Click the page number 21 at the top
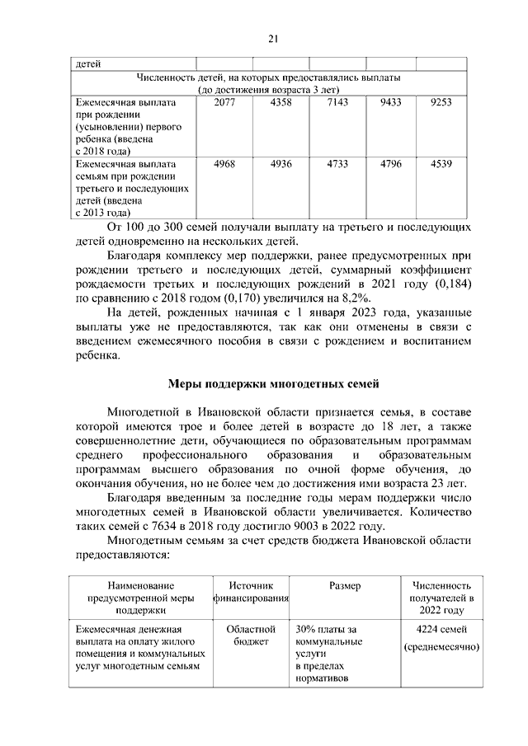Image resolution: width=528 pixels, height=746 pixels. [275, 37]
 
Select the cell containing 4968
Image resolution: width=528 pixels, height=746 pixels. [224, 164]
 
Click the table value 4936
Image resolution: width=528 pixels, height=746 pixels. [281, 164]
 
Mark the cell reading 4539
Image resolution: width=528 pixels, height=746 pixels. [441, 164]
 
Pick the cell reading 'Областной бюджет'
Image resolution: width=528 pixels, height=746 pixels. [251, 636]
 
